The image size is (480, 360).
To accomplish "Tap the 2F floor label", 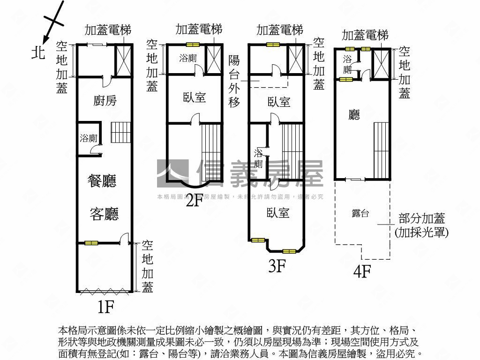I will point(194,201).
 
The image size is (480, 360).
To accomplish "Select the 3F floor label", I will point(277,266).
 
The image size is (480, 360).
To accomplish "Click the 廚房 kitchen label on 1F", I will point(105,100).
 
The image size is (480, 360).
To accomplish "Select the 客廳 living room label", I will point(104,214).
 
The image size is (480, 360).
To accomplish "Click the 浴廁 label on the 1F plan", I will point(88,138).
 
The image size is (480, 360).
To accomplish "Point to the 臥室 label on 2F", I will point(195,97).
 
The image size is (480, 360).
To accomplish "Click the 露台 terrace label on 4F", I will point(360,214).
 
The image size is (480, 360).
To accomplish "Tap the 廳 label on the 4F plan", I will point(354,115).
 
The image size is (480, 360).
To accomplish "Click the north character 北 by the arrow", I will point(38,52).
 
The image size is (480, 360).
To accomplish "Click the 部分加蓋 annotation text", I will point(421,218).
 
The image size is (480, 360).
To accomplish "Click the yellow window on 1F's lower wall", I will point(91,243).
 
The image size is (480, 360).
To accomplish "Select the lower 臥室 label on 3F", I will point(278,213).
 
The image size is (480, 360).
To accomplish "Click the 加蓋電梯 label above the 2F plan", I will point(199,30).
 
